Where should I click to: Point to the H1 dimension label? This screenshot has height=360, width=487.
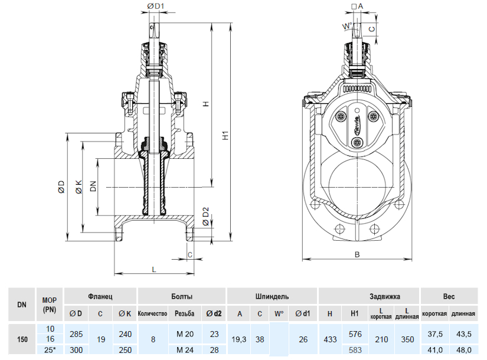[x=225, y=136]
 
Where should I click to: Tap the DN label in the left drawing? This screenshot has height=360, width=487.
[x=93, y=187]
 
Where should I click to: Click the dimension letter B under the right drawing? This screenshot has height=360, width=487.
[x=357, y=254]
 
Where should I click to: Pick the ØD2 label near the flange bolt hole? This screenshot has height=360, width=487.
[x=205, y=216]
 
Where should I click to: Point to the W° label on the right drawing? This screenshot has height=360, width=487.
[x=347, y=26]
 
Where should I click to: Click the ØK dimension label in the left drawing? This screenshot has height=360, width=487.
[x=79, y=187]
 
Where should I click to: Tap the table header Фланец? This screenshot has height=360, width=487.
[x=100, y=295]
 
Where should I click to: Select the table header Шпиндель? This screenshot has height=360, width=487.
[x=272, y=295]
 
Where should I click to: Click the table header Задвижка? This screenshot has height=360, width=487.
[x=369, y=295]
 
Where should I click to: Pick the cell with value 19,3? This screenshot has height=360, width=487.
[x=239, y=339]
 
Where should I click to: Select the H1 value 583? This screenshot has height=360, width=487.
[x=355, y=350]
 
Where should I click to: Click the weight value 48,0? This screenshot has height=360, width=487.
[x=463, y=350]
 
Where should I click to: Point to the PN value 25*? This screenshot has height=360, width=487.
[x=50, y=350]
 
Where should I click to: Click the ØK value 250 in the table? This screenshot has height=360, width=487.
[x=125, y=350]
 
